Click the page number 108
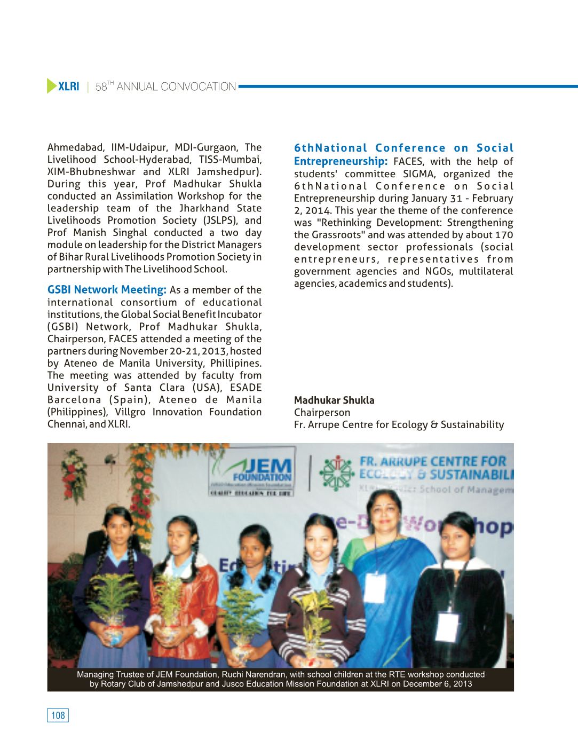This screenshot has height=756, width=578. pos(58,715)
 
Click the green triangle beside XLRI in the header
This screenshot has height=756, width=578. pos(51,86)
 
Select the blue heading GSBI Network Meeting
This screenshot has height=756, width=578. pos(107,290)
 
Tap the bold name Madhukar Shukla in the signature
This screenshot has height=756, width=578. pos(334,400)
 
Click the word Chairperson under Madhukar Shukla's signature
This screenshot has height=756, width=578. pos(322,413)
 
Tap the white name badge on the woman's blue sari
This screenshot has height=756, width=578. pos(375,587)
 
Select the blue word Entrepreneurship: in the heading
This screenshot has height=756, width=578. pos(341,161)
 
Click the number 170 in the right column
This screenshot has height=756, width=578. pos(503,235)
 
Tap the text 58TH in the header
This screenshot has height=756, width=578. pos(105,86)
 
